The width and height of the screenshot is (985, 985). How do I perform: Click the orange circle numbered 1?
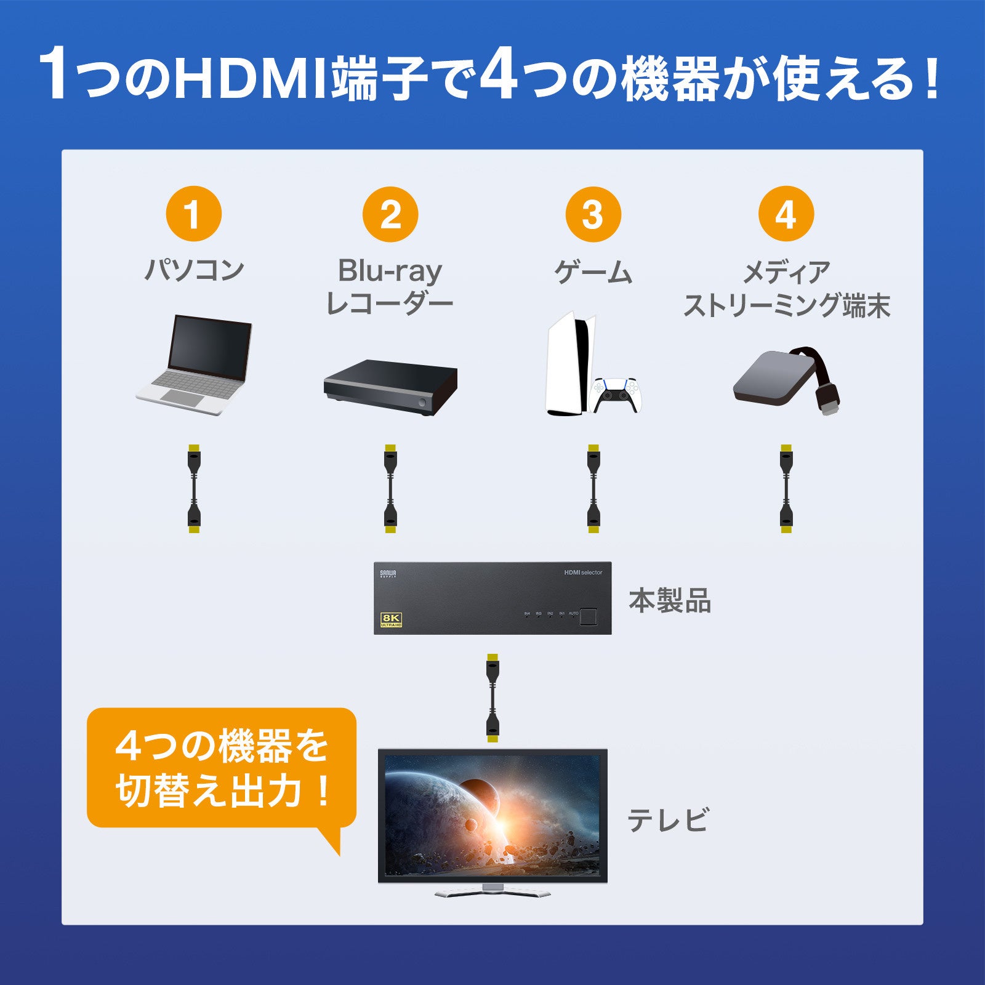point(193,214)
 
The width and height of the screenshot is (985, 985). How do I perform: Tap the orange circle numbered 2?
point(390,214)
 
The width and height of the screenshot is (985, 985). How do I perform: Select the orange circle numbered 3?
point(593,214)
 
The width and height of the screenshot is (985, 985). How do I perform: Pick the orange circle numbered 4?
point(786,214)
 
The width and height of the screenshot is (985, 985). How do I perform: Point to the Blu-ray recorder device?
point(390,387)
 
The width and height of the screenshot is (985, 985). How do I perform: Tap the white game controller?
point(616,396)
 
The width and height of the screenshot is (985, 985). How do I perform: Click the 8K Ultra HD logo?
point(392,619)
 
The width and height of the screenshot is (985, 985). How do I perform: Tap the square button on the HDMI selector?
point(589,616)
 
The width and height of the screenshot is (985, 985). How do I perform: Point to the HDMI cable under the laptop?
point(194,489)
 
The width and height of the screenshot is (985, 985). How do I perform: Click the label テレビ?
point(668,820)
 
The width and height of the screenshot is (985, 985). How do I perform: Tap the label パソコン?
point(195,270)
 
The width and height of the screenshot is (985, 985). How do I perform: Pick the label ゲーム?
point(593,271)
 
